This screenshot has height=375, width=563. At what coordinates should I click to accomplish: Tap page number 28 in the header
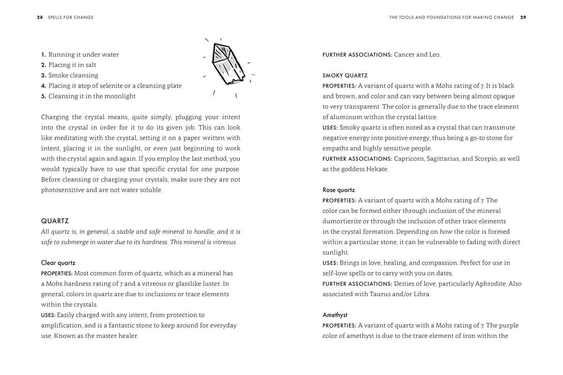pyautogui.click(x=40, y=17)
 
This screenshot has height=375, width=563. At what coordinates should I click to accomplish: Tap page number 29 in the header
pyautogui.click(x=523, y=17)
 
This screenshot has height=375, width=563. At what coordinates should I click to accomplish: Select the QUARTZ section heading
pyautogui.click(x=55, y=221)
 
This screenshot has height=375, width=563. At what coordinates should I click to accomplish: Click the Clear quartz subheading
pyautogui.click(x=58, y=263)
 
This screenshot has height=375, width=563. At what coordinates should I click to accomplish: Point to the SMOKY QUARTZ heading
pyautogui.click(x=345, y=75)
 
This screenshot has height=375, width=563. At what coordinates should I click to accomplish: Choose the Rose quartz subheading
pyautogui.click(x=339, y=190)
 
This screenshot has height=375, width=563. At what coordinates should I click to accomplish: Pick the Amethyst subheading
pyautogui.click(x=335, y=315)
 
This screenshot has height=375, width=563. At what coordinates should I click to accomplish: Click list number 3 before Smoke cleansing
pyautogui.click(x=44, y=75)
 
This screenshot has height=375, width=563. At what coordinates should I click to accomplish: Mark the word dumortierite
pyautogui.click(x=342, y=221)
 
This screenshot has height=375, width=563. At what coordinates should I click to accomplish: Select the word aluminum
pyautogui.click(x=347, y=117)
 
